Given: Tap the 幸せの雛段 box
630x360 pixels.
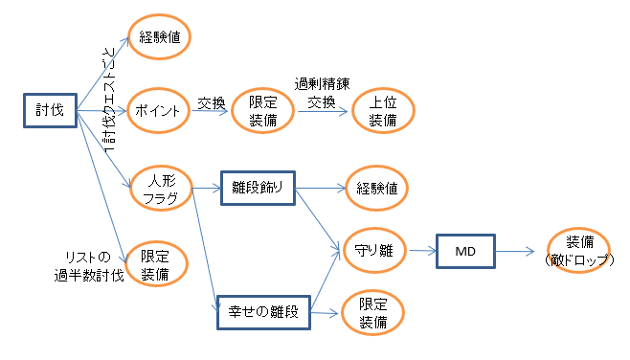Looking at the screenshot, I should pos(258,310).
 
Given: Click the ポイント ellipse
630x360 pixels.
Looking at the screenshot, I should pos(158,109).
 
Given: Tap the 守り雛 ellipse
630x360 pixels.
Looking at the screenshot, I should pos(372,252).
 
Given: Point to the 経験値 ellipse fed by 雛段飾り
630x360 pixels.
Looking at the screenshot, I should pos(372,189).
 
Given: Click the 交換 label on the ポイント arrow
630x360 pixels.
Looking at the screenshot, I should pos(211,101).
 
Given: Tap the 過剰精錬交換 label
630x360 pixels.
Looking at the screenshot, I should pos(321,92).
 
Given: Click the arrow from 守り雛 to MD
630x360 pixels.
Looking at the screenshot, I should pos(422,252).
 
